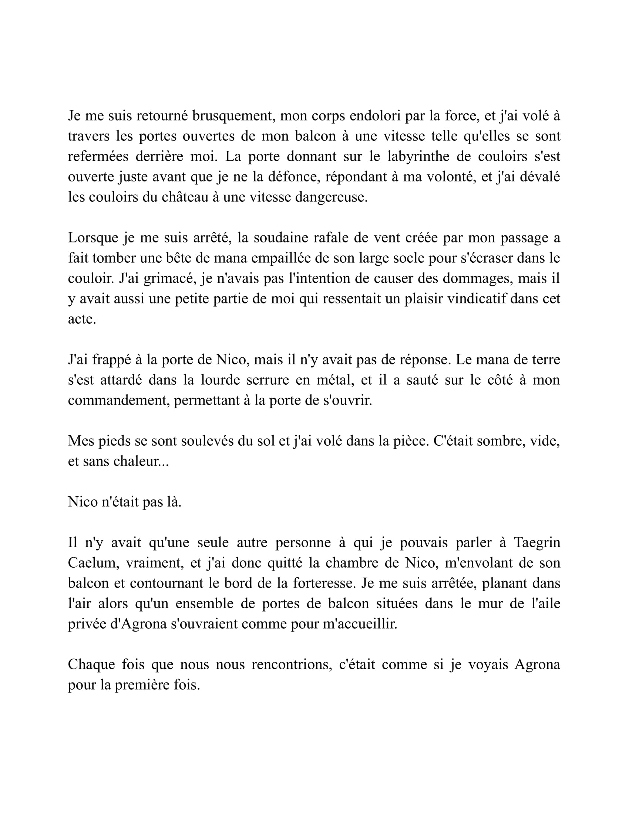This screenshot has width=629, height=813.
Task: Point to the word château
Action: (185, 197)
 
